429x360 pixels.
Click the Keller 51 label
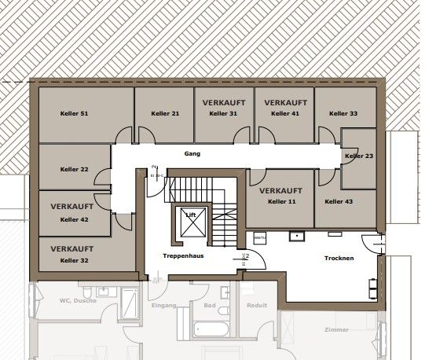(x=74, y=114)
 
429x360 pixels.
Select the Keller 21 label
(x=164, y=114)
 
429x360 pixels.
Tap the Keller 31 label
(x=223, y=114)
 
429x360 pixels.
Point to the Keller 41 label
(x=284, y=114)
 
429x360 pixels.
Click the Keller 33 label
(x=343, y=114)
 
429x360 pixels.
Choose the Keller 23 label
(x=358, y=156)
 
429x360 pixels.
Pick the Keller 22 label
(x=74, y=169)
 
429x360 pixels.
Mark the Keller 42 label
(x=74, y=219)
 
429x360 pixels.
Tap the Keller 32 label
(x=74, y=260)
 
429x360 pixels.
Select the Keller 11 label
(x=282, y=202)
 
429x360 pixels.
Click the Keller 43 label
(x=339, y=202)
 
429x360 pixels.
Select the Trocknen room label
(x=339, y=259)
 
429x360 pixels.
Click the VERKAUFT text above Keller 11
(x=281, y=191)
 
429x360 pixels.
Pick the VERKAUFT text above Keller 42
(x=72, y=206)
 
